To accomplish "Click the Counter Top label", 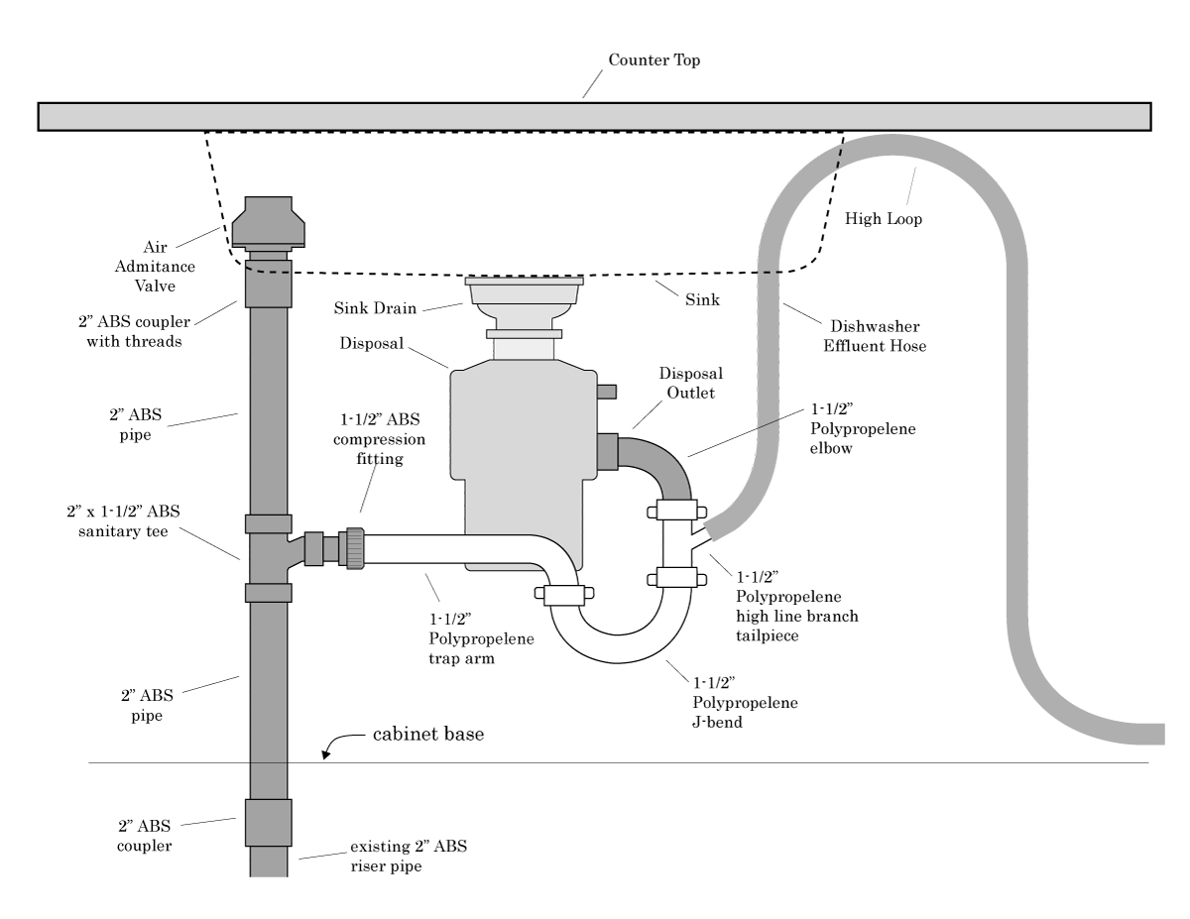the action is [654, 59].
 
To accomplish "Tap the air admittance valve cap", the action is [269, 221].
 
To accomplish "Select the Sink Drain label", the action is [375, 308].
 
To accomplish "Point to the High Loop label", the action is [884, 218].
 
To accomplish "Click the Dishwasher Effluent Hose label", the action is [875, 336].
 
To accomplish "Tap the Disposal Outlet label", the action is [690, 383].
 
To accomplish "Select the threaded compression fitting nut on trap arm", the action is [353, 548].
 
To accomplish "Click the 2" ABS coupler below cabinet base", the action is [269, 822].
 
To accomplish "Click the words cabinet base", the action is [428, 734].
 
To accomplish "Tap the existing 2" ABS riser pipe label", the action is [409, 857].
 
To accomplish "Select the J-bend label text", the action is [745, 702].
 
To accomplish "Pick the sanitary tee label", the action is [123, 521].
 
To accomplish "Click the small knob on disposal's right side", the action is [606, 392].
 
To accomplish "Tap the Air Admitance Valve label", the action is [155, 267].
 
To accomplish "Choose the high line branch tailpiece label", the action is [796, 607].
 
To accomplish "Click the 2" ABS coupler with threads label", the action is [134, 332].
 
